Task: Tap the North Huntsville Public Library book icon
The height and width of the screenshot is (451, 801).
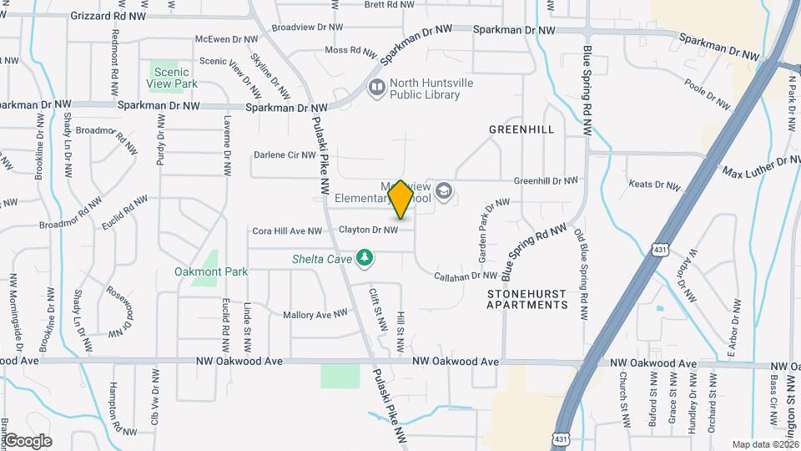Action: (377, 87)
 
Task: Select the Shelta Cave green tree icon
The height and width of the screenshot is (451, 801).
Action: (364, 258)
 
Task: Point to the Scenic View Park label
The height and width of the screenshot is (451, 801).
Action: (175, 78)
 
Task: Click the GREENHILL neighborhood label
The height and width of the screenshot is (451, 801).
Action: (521, 130)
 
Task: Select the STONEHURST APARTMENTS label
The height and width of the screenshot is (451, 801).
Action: (527, 300)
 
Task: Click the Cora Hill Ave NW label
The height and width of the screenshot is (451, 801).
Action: (286, 231)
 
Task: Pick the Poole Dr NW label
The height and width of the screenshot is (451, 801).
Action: (707, 94)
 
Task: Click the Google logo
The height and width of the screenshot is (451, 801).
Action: (28, 440)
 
